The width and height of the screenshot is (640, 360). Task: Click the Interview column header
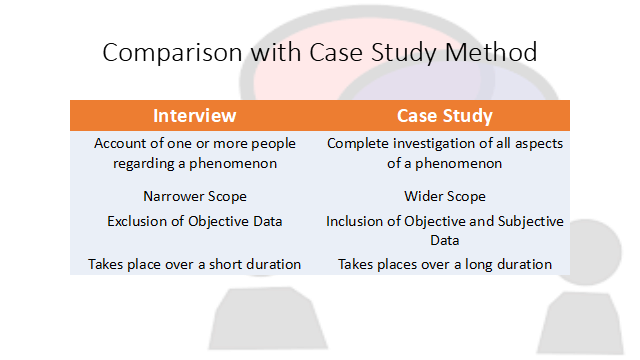(194, 115)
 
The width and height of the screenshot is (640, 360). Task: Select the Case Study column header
(445, 115)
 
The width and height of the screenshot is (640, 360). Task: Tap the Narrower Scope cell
(194, 196)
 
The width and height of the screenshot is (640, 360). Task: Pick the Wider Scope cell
(445, 196)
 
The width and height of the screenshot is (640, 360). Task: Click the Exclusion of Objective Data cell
(194, 221)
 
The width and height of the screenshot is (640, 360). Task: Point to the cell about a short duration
(194, 264)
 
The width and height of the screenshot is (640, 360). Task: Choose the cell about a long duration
(445, 264)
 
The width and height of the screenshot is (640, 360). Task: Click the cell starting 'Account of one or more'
(194, 153)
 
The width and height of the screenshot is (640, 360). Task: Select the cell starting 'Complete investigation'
(445, 153)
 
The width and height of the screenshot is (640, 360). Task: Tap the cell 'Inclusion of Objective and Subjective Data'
(445, 230)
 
